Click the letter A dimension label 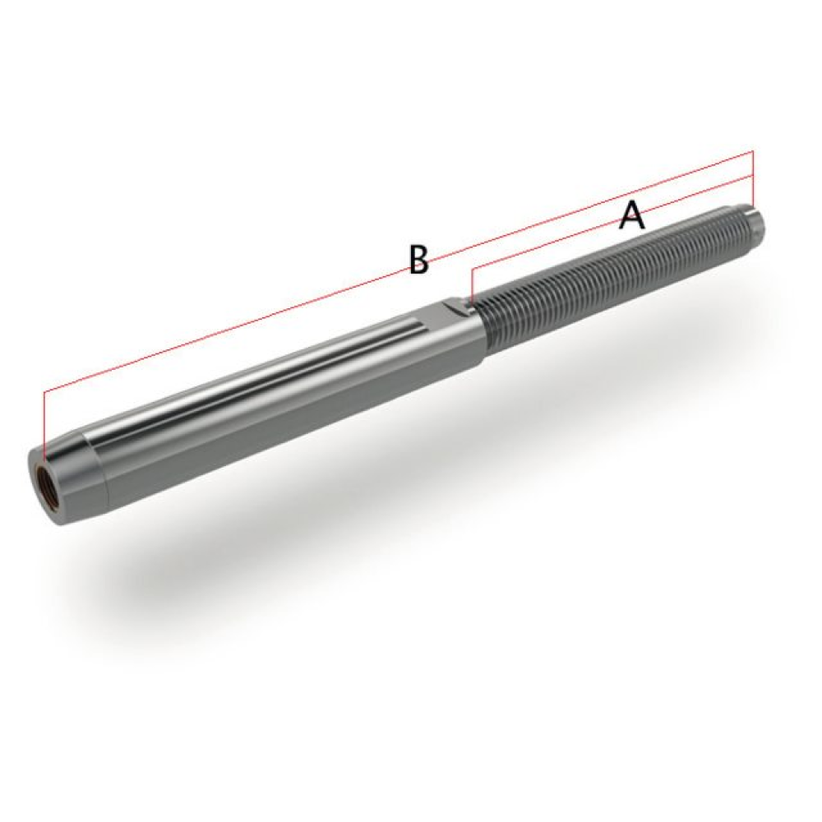631,216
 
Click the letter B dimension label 418,260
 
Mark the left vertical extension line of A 472,284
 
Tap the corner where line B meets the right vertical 752,152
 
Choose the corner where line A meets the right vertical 752,176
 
